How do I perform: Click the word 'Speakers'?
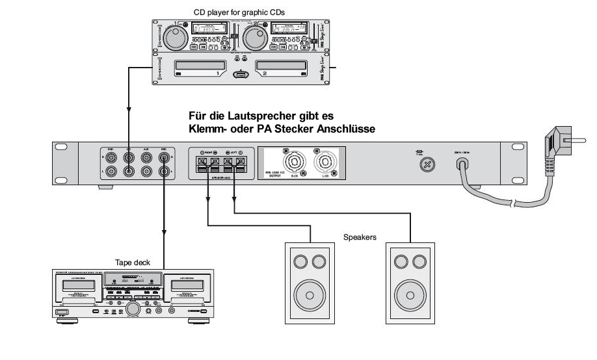(360, 238)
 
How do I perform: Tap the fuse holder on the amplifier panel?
(427, 165)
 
